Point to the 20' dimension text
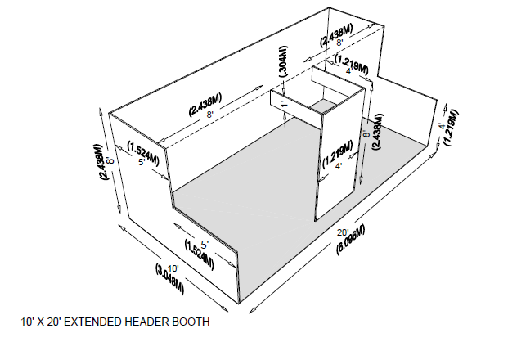(345, 232)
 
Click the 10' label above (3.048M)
(173, 268)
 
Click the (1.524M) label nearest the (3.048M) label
(199, 254)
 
